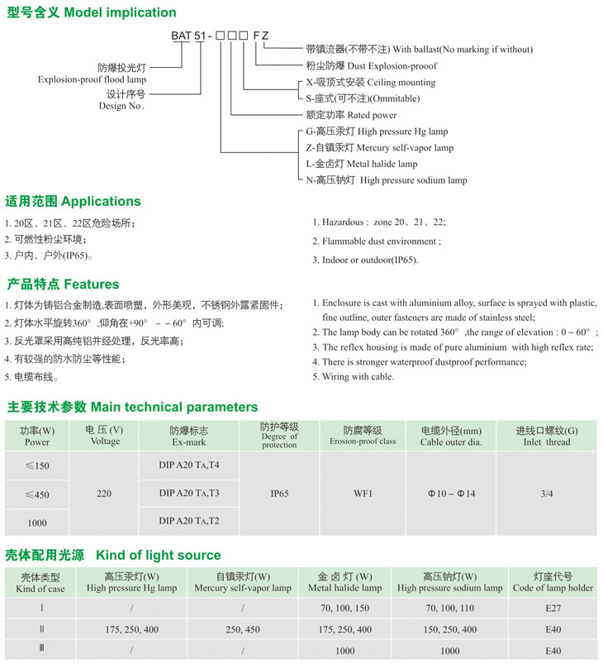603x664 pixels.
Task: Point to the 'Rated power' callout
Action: coord(351,115)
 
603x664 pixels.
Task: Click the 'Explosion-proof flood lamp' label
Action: coord(91,79)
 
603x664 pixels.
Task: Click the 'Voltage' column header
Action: coord(104,436)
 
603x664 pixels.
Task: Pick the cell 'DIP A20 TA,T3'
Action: coord(189,494)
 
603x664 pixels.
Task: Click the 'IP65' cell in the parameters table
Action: coord(279,494)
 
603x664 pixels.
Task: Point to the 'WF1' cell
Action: coord(363,494)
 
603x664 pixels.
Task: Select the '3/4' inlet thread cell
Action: coord(546,494)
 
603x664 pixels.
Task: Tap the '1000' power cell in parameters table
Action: coord(36,523)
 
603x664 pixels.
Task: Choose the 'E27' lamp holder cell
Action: coord(552,608)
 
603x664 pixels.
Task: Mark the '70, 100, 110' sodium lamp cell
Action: coord(449,608)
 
